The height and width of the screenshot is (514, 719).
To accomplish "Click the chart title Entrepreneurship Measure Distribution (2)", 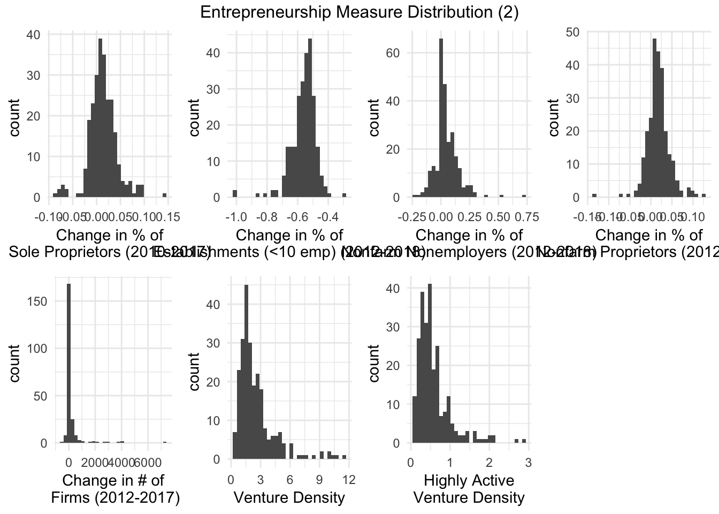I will pos(359,12).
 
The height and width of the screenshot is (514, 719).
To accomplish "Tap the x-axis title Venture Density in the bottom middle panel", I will pos(289,497).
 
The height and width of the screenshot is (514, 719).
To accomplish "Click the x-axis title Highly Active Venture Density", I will pos(469,489).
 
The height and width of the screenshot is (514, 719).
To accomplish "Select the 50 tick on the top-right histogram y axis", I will pos(573,32).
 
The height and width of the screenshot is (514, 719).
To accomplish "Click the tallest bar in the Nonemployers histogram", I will pos(441,118).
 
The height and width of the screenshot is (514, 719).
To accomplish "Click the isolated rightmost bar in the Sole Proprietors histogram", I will pos(164,195).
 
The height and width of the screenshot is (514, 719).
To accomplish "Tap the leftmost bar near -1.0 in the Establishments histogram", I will pos(234,194).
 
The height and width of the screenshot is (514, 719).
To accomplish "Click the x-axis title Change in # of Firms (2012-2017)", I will pos(115,489).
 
